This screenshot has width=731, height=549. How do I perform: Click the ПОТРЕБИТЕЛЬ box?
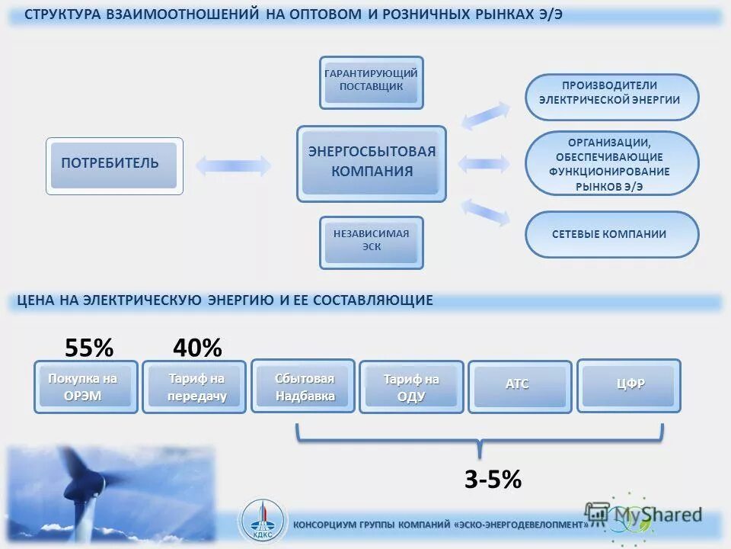pyautogui.click(x=114, y=165)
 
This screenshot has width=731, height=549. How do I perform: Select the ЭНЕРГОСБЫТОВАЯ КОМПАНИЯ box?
pyautogui.click(x=371, y=163)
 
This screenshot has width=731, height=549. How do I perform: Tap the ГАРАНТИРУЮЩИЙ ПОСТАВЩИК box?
pyautogui.click(x=371, y=82)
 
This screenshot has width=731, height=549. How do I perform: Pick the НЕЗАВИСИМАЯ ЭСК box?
pyautogui.click(x=371, y=242)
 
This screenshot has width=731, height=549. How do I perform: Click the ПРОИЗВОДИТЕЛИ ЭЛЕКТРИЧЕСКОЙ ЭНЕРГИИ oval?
pyautogui.click(x=611, y=97)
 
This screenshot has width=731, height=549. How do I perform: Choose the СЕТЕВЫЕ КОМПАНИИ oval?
pyautogui.click(x=611, y=234)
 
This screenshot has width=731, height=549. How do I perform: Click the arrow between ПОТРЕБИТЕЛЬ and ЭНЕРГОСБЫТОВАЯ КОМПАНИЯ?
pyautogui.click(x=234, y=165)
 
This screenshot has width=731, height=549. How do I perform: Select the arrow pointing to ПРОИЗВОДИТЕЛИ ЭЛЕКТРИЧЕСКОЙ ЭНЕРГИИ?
pyautogui.click(x=487, y=115)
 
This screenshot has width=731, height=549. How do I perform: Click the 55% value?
pyautogui.click(x=89, y=348)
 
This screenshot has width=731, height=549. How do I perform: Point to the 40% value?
pyautogui.click(x=197, y=348)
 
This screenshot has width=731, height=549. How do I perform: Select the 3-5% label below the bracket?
pyautogui.click(x=493, y=480)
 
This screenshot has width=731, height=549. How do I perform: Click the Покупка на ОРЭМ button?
pyautogui.click(x=86, y=387)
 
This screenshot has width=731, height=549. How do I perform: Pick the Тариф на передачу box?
pyautogui.click(x=194, y=387)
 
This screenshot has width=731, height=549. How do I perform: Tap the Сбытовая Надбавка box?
pyautogui.click(x=303, y=386)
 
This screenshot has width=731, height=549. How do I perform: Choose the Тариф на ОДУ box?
pyautogui.click(x=411, y=387)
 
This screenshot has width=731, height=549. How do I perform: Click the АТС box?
pyautogui.click(x=520, y=387)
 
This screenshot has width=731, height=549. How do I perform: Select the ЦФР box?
pyautogui.click(x=629, y=385)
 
